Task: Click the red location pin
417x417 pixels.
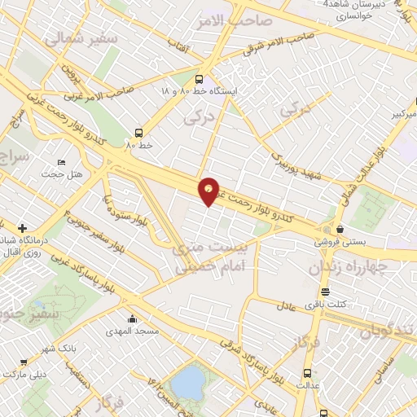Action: (209, 191)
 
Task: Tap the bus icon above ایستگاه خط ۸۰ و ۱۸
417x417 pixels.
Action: (200, 79)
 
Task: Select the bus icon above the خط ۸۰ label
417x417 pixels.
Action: (139, 131)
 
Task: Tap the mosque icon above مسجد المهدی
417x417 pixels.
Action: (130, 318)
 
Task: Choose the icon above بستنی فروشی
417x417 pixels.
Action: (339, 229)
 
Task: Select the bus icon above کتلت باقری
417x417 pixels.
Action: (325, 292)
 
